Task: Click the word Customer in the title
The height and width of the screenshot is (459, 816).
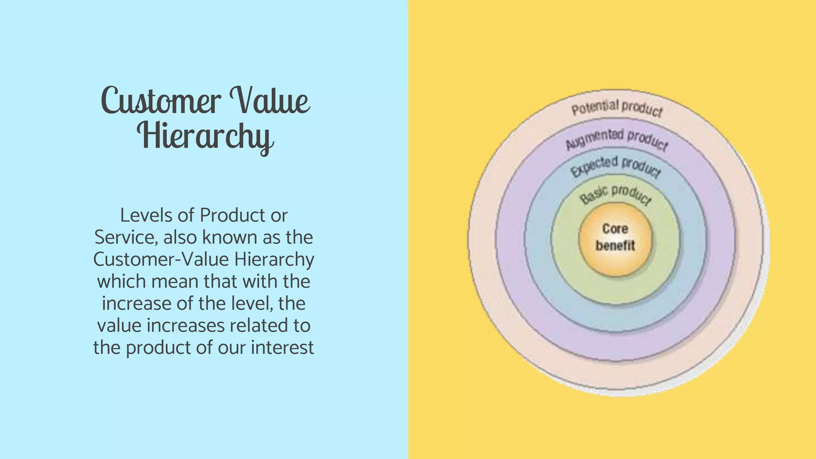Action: [x=161, y=100]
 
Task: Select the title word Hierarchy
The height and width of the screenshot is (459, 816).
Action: [x=206, y=136]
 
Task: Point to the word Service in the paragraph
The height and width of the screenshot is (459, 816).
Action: [x=125, y=237]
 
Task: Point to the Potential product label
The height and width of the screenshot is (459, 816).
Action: [x=617, y=108]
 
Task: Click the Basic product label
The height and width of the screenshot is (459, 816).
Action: [x=616, y=194]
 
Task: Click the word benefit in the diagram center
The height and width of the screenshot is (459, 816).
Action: [x=615, y=245]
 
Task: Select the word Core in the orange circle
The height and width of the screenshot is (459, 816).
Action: [x=615, y=229]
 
